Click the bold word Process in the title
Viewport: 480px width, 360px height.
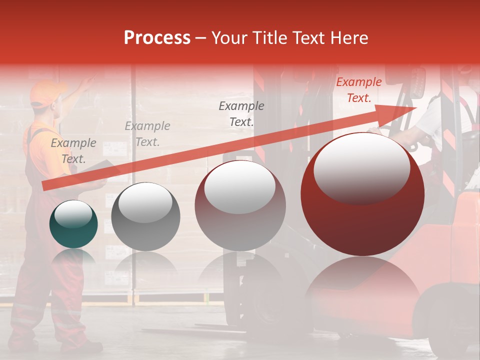point(157,37)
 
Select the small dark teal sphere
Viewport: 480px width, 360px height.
point(73,224)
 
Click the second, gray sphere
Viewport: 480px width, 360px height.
point(145,217)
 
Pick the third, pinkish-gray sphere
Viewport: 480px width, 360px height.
point(240,205)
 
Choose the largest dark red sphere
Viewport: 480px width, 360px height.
point(362,194)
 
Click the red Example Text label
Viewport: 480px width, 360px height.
point(358,90)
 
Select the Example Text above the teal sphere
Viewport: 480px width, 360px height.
point(73,150)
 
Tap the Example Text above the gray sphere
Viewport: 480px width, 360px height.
point(147,133)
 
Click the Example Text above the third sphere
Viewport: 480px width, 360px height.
point(241,113)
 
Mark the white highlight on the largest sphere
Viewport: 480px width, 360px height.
point(361,167)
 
